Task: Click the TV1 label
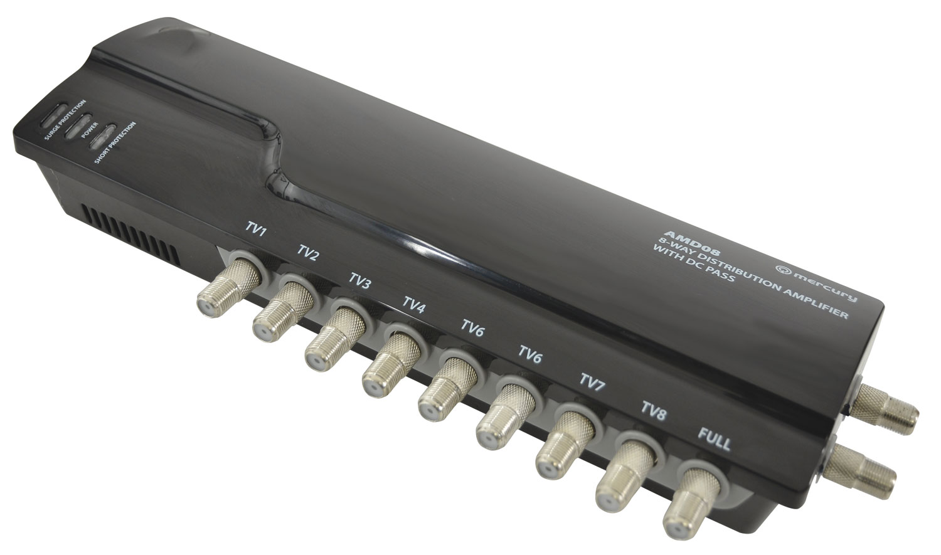click(x=256, y=229)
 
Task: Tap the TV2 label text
click(x=308, y=253)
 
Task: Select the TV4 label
click(x=414, y=305)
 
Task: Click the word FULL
click(x=714, y=439)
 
